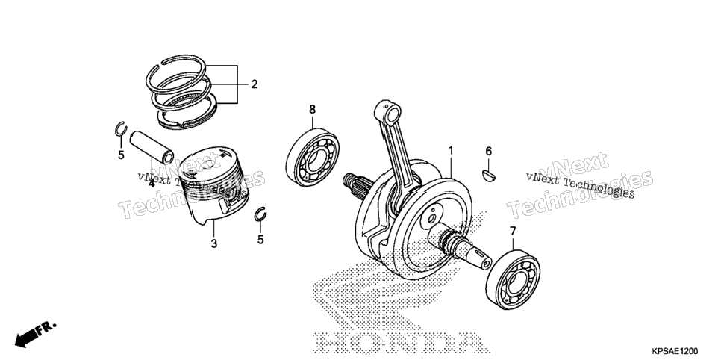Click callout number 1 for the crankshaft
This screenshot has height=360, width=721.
click(451, 151)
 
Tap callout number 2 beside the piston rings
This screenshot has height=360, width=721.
click(254, 84)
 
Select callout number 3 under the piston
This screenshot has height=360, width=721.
click(213, 244)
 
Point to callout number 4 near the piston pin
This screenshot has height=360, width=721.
click(152, 183)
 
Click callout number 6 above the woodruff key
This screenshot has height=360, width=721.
click(489, 151)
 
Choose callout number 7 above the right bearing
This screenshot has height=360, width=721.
click(513, 231)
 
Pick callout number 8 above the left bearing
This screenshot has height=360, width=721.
click(312, 110)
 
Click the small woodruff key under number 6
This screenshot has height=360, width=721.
click(488, 175)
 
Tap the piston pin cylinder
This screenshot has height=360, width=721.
click(152, 147)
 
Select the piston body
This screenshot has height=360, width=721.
click(213, 185)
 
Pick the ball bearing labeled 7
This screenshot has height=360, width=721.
click(513, 280)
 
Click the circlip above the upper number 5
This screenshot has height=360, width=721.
click(120, 129)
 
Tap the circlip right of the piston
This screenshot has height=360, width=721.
click(260, 214)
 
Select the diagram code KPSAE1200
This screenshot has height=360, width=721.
click(674, 351)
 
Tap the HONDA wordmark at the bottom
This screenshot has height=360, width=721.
click(399, 343)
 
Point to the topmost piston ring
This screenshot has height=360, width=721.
click(175, 72)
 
